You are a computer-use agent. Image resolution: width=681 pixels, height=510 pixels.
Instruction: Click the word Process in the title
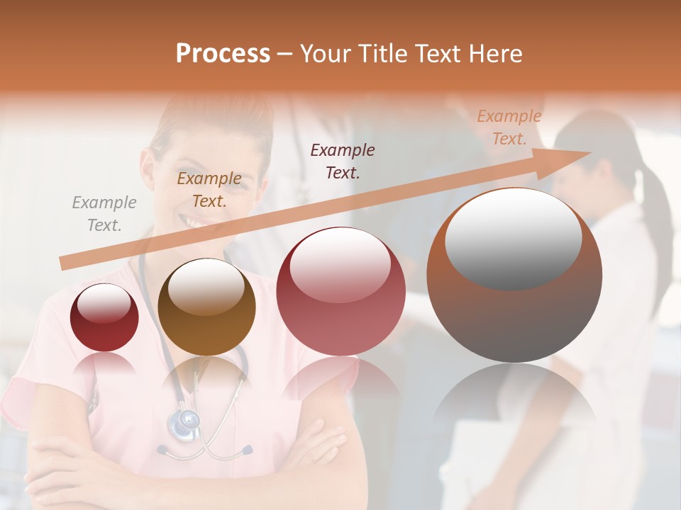223,54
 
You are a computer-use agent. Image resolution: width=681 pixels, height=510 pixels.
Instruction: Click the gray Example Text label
104,214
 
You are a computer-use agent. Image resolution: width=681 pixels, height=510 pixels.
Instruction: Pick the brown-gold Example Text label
209,190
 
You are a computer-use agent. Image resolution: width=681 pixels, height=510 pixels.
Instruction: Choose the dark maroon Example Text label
343,161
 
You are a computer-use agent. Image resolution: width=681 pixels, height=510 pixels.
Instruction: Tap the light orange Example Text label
509,127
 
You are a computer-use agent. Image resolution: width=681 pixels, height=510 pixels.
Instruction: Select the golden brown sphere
206,307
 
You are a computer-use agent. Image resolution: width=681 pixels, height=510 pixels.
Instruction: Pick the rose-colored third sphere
340,291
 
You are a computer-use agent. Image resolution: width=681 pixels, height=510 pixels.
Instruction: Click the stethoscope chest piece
184,424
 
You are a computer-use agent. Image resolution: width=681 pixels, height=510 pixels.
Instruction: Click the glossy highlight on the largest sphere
513,237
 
